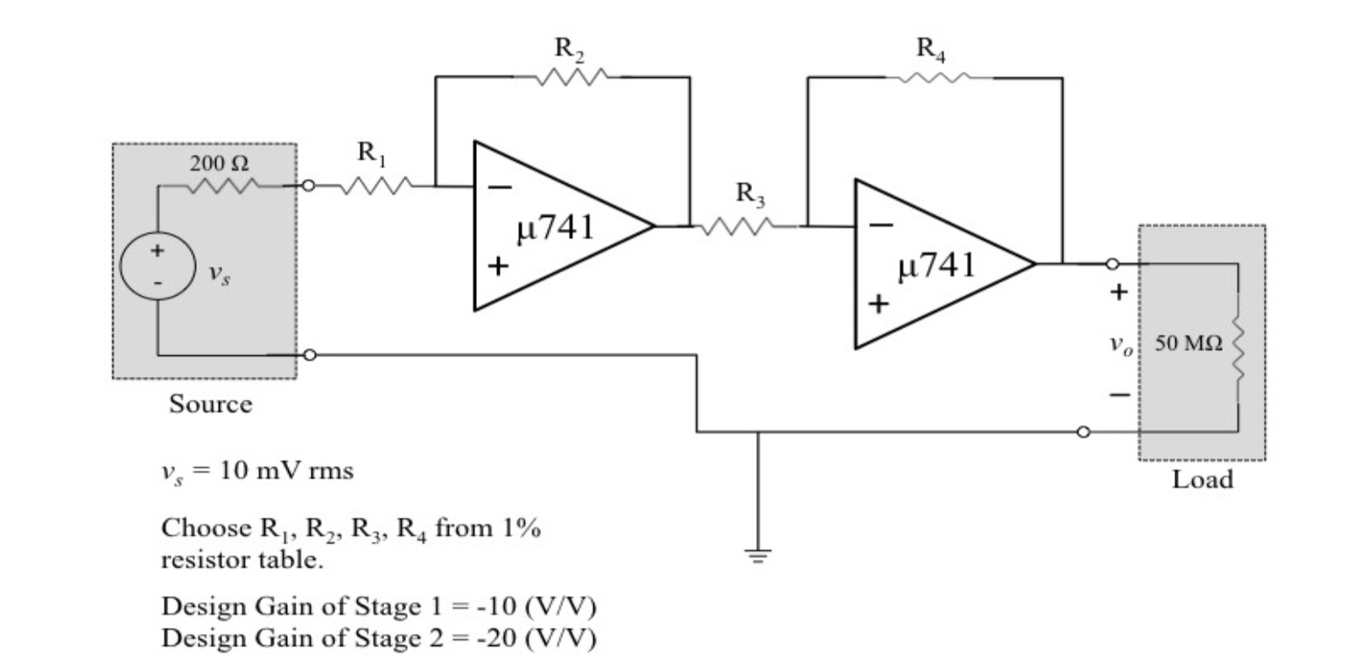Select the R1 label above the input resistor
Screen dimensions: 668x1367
click(371, 153)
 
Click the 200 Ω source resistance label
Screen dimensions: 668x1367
click(218, 163)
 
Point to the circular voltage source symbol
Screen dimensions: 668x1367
click(158, 265)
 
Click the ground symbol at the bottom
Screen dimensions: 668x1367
click(758, 554)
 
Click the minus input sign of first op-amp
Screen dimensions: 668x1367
click(500, 186)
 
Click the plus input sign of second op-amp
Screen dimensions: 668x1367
click(879, 303)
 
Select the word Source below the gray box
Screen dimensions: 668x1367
click(210, 404)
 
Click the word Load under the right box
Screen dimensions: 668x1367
click(1202, 479)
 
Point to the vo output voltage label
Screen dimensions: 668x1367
click(1120, 344)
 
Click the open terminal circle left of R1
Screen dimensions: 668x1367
click(308, 185)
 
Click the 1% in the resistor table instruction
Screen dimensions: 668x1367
click(520, 528)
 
